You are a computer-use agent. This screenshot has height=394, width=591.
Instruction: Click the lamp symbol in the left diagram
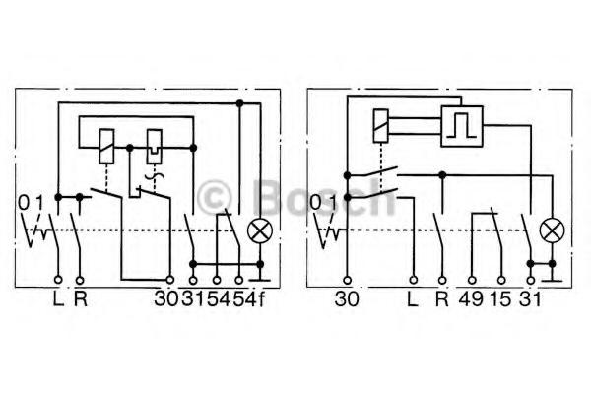(x=260, y=231)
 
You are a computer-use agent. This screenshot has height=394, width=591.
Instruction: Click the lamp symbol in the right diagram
(x=553, y=230)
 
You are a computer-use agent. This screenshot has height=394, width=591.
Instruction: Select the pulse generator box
(x=462, y=126)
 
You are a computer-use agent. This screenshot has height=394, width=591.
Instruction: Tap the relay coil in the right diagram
(x=380, y=126)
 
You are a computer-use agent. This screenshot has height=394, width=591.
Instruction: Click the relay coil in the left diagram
(x=106, y=147)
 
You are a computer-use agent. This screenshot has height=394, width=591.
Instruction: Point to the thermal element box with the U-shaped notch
(x=155, y=147)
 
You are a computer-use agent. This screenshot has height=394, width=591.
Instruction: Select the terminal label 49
(x=471, y=299)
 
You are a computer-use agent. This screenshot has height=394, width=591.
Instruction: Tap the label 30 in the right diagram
(x=347, y=299)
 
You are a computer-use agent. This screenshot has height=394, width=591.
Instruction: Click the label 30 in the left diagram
(x=166, y=299)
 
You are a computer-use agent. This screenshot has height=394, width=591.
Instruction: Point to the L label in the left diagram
(x=58, y=299)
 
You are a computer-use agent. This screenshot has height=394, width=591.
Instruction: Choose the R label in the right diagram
(x=442, y=299)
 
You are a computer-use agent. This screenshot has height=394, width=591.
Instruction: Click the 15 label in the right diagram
(x=501, y=299)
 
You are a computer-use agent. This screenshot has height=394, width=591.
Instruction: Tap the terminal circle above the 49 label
(x=471, y=280)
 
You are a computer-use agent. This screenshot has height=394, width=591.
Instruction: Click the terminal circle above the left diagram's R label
(x=80, y=280)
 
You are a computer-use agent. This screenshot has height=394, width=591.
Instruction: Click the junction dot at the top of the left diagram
(x=239, y=102)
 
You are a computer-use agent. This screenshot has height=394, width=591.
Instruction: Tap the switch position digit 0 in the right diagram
(x=315, y=203)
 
